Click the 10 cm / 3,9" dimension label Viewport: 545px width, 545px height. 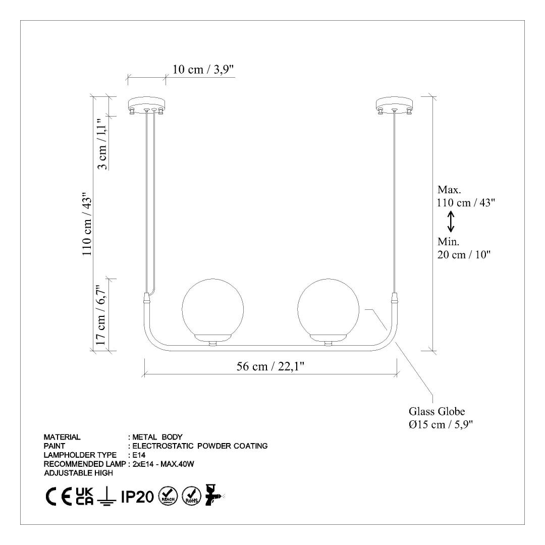tap(203, 70)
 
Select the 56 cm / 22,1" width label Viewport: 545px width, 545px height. tap(270, 366)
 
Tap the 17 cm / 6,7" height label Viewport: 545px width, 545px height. tap(100, 315)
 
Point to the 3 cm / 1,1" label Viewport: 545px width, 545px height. tap(102, 144)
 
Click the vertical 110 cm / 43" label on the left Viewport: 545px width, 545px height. tap(87, 224)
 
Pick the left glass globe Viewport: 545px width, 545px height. tap(213, 309)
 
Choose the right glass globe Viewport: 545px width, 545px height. tap(329, 309)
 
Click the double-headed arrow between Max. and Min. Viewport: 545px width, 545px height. tap(451, 222)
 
